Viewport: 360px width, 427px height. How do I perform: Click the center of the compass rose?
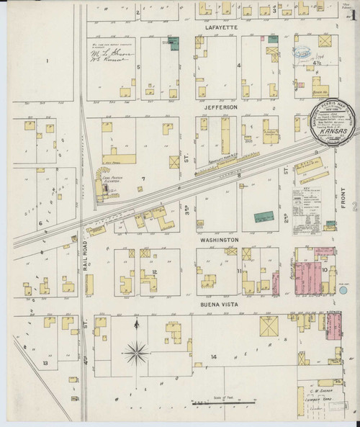tap(136, 353)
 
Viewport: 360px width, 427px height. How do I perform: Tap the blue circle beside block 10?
tap(343, 290)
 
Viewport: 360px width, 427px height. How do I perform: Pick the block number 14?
tap(214, 357)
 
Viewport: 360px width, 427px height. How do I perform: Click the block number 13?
tap(45, 364)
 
